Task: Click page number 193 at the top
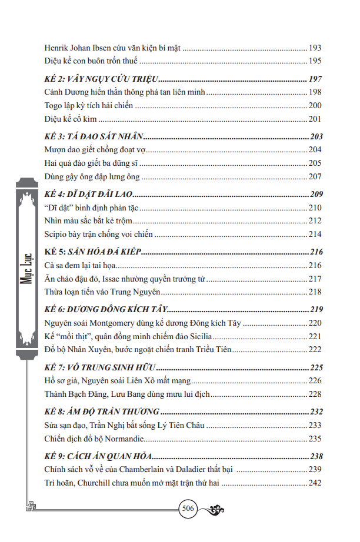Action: click(315, 48)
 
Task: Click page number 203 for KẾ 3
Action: click(315, 136)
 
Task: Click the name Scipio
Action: click(55, 234)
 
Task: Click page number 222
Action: click(315, 350)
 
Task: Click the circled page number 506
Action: click(188, 510)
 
